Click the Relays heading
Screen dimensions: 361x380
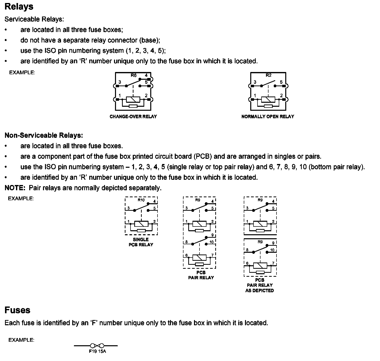pyautogui.click(x=19, y=7)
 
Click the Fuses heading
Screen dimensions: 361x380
pyautogui.click(x=17, y=310)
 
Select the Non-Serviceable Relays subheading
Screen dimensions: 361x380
pyautogui.click(x=44, y=135)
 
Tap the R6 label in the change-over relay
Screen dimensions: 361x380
pyautogui.click(x=133, y=75)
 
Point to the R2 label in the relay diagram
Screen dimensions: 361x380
pyautogui.click(x=268, y=75)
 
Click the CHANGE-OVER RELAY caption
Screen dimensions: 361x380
pyautogui.click(x=133, y=116)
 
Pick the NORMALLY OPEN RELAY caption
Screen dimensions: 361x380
pyautogui.click(x=268, y=116)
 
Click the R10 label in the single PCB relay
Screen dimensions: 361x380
pyautogui.click(x=141, y=200)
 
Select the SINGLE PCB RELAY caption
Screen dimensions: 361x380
pyautogui.click(x=141, y=242)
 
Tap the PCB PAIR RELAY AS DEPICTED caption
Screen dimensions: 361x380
pyautogui.click(x=260, y=285)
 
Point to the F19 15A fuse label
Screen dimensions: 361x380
pyautogui.click(x=97, y=351)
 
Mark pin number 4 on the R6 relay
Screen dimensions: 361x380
pyautogui.click(x=146, y=75)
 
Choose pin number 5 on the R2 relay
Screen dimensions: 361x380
pyautogui.click(x=281, y=82)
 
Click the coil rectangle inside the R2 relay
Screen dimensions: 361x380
pyautogui.click(x=268, y=99)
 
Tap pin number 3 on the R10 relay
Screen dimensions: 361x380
pyautogui.click(x=128, y=208)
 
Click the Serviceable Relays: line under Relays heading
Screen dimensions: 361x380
pyautogui.click(x=34, y=19)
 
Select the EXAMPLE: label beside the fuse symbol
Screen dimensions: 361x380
pyautogui.click(x=21, y=340)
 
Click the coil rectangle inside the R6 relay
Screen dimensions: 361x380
pyautogui.click(x=133, y=99)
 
